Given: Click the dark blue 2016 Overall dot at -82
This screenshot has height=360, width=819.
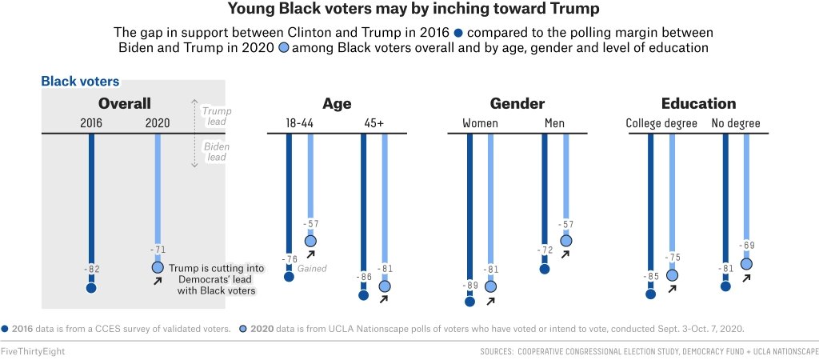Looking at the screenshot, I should click(91, 288).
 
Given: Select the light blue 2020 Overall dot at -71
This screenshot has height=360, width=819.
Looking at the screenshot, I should click(158, 267).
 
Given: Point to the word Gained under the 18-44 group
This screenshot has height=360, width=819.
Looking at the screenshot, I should click(312, 269).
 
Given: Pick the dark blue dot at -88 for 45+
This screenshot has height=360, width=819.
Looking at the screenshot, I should click(364, 295).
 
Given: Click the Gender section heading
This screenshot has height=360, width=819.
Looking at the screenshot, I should click(517, 103).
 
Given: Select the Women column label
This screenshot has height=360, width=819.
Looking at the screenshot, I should click(480, 124).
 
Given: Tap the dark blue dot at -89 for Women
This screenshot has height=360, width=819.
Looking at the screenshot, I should click(469, 302).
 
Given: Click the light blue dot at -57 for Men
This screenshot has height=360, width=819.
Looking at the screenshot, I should click(566, 241).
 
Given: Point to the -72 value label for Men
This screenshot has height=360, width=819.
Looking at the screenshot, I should click(545, 250).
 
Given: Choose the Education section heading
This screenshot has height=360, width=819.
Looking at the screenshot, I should click(698, 103).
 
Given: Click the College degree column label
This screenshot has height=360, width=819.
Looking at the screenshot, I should click(661, 124).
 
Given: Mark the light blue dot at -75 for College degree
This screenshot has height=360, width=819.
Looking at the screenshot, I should click(672, 275).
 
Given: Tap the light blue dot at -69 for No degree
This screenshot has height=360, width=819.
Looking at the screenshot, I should click(746, 263).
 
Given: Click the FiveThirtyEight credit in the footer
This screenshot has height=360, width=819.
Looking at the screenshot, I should click(33, 351).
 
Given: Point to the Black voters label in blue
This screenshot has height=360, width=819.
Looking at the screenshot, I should click(80, 81).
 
